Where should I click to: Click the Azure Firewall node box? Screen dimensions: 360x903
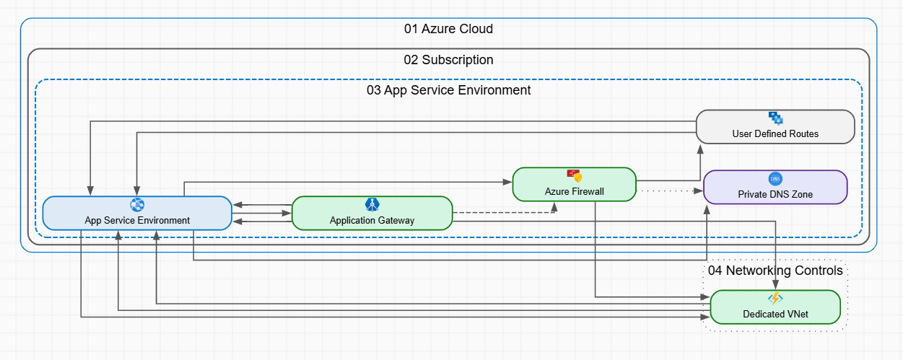pos(574,185)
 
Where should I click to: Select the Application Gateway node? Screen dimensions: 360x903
pos(372,213)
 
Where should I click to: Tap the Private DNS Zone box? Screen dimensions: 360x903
pos(775,188)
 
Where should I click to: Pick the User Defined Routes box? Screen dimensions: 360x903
pos(775,127)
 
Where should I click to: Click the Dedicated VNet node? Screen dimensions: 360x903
pos(775,307)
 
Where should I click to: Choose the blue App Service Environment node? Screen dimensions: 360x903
pos(137,214)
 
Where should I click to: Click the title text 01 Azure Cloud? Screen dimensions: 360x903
pos(448,29)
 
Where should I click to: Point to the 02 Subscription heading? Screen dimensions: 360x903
pos(448,60)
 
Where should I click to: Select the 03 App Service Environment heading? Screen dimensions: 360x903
pos(448,90)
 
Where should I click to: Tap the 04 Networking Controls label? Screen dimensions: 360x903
pos(775,271)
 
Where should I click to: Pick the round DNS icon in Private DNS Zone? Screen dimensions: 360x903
pos(775,179)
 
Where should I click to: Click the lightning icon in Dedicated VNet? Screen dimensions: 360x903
pos(775,299)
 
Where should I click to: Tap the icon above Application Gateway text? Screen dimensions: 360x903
pos(372,204)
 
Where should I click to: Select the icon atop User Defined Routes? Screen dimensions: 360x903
pos(775,118)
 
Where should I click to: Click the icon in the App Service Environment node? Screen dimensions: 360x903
pos(137,205)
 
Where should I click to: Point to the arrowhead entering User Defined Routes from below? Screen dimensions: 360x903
pos(699,148)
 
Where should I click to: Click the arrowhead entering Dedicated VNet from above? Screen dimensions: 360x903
pos(775,285)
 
